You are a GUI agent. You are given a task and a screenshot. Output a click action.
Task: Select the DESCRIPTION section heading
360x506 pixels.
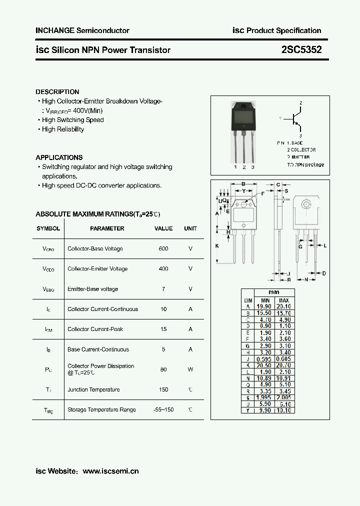click(57, 92)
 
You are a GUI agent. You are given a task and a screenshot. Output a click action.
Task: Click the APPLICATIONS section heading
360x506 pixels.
click(59, 157)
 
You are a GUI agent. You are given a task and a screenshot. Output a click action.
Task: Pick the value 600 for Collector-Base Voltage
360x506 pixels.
click(163, 248)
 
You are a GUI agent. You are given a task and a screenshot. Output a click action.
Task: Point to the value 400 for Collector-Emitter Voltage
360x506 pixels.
click(163, 268)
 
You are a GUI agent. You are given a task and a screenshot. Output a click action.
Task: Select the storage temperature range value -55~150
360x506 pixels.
click(163, 409)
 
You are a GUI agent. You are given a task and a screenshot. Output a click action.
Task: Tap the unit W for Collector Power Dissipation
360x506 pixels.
click(190, 369)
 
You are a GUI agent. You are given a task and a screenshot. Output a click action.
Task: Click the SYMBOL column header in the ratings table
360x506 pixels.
click(48, 228)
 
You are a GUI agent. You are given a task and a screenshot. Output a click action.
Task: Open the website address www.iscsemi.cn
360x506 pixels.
click(110, 471)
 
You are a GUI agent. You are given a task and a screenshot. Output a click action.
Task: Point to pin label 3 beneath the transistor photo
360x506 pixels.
click(253, 167)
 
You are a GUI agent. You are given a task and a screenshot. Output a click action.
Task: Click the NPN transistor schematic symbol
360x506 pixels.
click(295, 119)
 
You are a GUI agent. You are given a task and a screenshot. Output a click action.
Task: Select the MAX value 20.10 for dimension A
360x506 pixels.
click(283, 306)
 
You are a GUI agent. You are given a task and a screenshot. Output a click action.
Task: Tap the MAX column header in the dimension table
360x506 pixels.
click(283, 299)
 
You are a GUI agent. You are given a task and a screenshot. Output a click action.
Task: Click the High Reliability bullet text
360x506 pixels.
click(63, 129)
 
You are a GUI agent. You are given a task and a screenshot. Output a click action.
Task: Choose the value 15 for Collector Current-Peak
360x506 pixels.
click(163, 329)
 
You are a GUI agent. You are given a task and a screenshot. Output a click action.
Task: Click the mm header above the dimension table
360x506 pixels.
click(273, 292)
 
